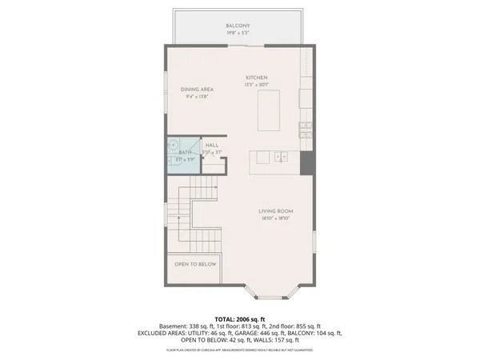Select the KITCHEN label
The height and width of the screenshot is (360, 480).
click(x=256, y=78)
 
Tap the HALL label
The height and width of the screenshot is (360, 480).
click(x=212, y=145)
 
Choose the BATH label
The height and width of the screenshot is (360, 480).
click(x=185, y=152)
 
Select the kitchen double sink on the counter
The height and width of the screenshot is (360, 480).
click(x=280, y=157)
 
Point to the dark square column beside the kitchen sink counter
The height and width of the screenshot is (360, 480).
click(x=305, y=160)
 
